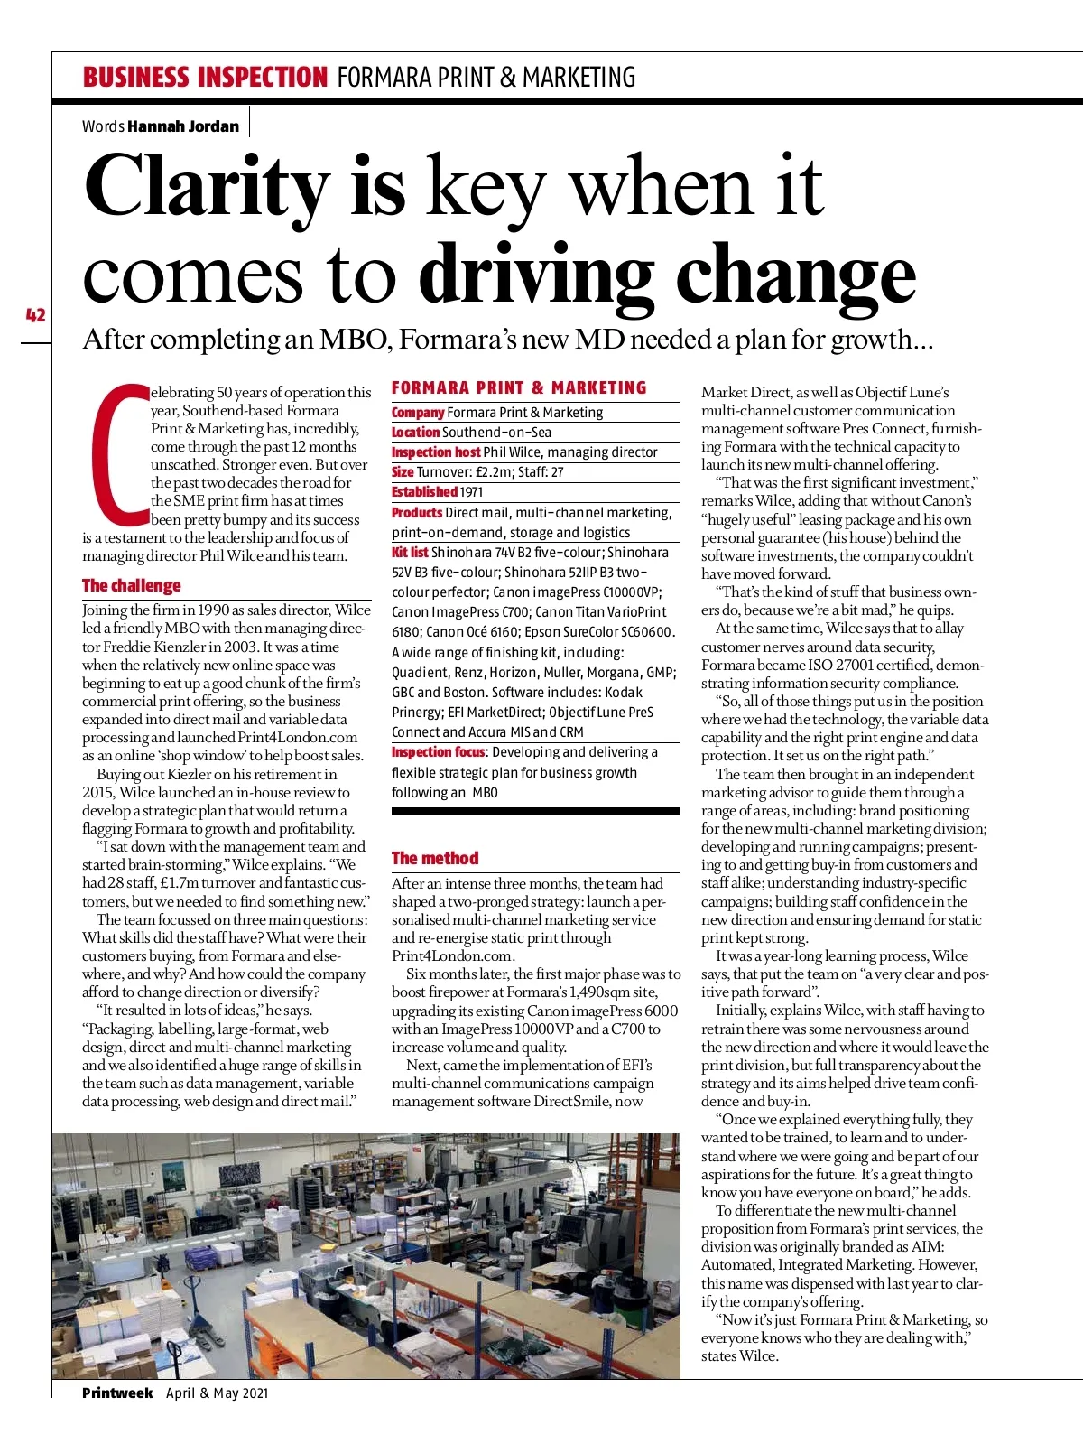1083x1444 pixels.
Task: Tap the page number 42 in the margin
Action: [x=35, y=315]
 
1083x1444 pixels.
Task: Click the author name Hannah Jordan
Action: [x=183, y=126]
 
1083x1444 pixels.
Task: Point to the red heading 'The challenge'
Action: [x=132, y=585]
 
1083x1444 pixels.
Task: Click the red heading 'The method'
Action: [x=435, y=858]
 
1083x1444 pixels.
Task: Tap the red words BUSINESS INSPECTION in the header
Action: [x=205, y=78]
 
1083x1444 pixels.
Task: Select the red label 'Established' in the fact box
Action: [x=424, y=492]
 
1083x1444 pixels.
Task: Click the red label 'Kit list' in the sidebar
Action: [x=410, y=552]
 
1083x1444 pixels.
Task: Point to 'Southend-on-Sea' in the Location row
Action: [x=496, y=433]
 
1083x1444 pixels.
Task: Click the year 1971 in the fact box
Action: [x=471, y=492]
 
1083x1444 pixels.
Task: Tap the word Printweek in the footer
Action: [x=117, y=1393]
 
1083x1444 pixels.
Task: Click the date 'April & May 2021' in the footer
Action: [x=217, y=1393]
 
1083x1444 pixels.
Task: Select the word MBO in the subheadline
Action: [x=354, y=340]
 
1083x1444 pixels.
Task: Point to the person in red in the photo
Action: [x=273, y=1202]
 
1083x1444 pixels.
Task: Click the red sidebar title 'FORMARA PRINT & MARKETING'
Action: [x=519, y=388]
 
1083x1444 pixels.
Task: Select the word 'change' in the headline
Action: [x=796, y=275]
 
